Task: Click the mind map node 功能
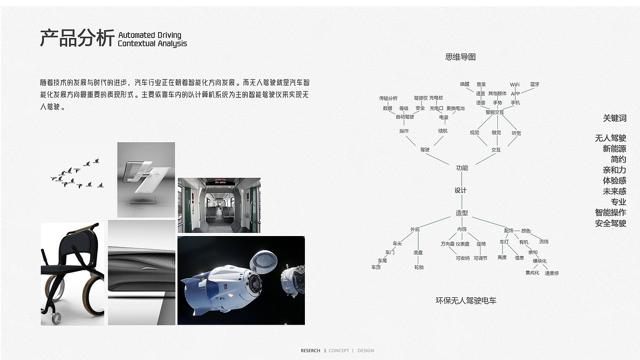click(x=462, y=168)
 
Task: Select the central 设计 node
click(x=460, y=190)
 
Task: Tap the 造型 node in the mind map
click(x=462, y=213)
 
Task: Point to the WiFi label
click(x=515, y=85)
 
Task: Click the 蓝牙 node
click(x=535, y=85)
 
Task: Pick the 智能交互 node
click(x=495, y=112)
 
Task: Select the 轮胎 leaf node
click(x=419, y=267)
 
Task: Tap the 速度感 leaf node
click(x=552, y=273)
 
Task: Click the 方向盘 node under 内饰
click(x=448, y=244)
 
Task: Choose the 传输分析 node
click(x=388, y=98)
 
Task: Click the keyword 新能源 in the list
click(x=614, y=149)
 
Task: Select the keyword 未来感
click(x=614, y=191)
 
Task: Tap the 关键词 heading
click(x=614, y=118)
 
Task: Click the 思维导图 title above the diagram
click(x=460, y=57)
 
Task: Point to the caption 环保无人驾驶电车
click(x=466, y=301)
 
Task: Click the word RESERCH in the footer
click(x=310, y=351)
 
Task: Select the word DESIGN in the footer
click(x=366, y=351)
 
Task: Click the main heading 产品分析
click(x=77, y=38)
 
